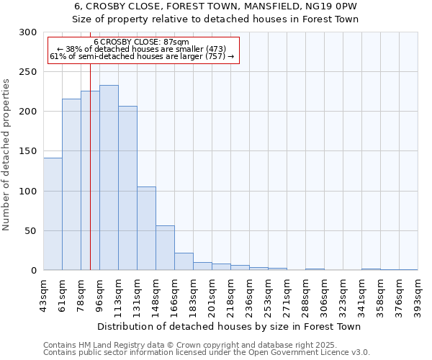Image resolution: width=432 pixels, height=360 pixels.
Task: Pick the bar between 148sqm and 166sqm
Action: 165,248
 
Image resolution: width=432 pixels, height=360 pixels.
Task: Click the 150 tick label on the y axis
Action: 28,152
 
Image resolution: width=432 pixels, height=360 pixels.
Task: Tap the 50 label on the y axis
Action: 31,231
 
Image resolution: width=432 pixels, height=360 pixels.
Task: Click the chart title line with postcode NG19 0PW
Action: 215,6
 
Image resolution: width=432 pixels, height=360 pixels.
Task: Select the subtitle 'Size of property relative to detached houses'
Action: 215,19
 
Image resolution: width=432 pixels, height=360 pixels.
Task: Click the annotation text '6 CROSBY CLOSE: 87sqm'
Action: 141,42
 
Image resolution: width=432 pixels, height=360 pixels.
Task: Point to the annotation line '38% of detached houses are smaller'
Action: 141,49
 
